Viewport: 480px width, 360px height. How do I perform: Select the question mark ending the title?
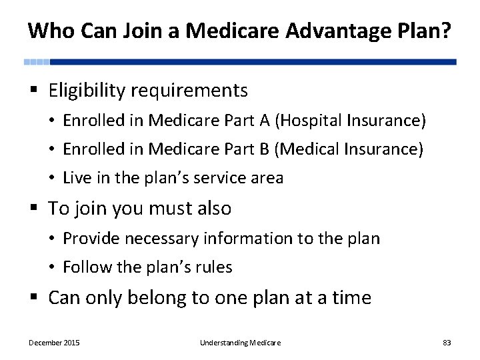pos(444,31)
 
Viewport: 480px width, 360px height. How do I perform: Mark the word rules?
pos(215,267)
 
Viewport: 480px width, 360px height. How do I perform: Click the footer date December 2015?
pos(54,343)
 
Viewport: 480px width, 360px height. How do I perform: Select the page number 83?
pos(447,343)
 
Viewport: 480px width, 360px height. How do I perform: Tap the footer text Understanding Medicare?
pos(240,343)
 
